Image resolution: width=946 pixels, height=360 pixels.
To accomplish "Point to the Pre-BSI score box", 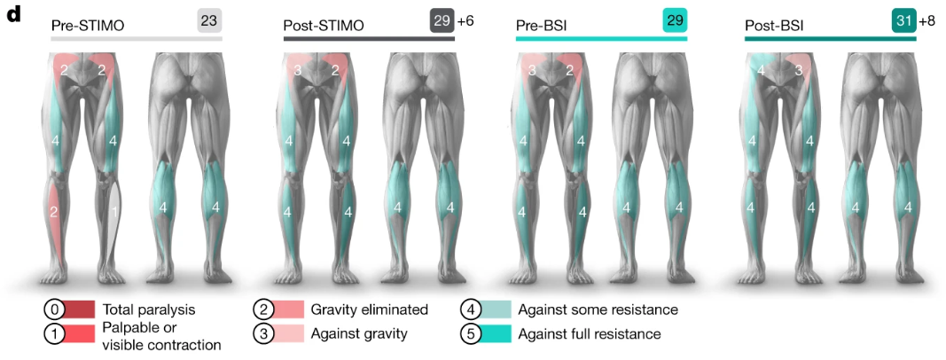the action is (675, 20).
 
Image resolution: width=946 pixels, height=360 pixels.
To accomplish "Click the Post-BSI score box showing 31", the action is (904, 20).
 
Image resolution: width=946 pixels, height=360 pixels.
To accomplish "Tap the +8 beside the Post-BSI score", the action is (930, 20).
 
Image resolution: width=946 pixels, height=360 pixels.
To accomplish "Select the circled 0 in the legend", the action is (56, 309).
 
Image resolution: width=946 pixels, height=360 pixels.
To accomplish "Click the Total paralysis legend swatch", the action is (82, 309).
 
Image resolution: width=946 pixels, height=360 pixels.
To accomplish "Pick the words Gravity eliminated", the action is (369, 309).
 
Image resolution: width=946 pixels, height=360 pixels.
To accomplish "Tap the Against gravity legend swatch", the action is (289, 334).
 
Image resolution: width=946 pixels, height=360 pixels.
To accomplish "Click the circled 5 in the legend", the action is (471, 334).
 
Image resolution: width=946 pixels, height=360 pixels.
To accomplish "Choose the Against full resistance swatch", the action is (496, 334).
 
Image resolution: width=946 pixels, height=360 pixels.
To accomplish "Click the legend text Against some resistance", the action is (598, 309).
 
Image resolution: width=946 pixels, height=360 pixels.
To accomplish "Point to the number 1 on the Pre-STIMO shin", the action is (113, 211).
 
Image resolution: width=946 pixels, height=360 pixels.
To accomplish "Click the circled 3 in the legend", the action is (263, 334).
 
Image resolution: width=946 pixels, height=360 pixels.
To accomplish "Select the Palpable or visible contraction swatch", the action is (82, 334).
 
